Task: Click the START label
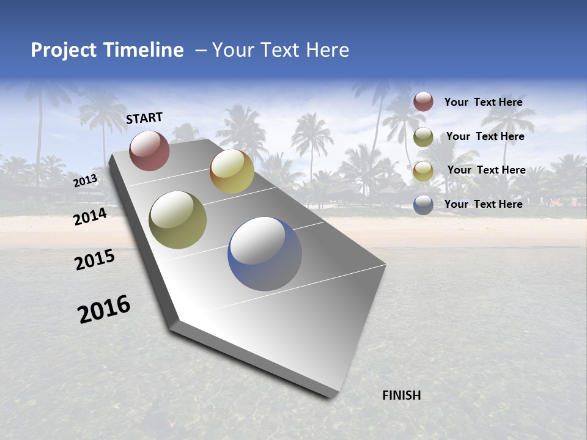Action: click(144, 118)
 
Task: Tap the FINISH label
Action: click(402, 395)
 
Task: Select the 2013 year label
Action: click(86, 180)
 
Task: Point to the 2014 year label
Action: click(90, 216)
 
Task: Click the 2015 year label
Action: click(95, 260)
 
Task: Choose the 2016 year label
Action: click(104, 309)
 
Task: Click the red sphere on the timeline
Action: click(149, 150)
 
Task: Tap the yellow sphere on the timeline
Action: click(232, 171)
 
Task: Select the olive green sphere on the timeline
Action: click(177, 220)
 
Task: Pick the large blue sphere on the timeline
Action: click(265, 254)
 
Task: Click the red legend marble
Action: click(423, 102)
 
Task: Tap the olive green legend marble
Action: click(423, 137)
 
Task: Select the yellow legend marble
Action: click(423, 170)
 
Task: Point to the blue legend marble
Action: click(423, 205)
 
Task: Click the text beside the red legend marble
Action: click(483, 102)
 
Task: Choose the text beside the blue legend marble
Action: click(483, 204)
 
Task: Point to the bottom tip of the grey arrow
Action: click(330, 396)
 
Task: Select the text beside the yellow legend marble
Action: click(486, 170)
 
